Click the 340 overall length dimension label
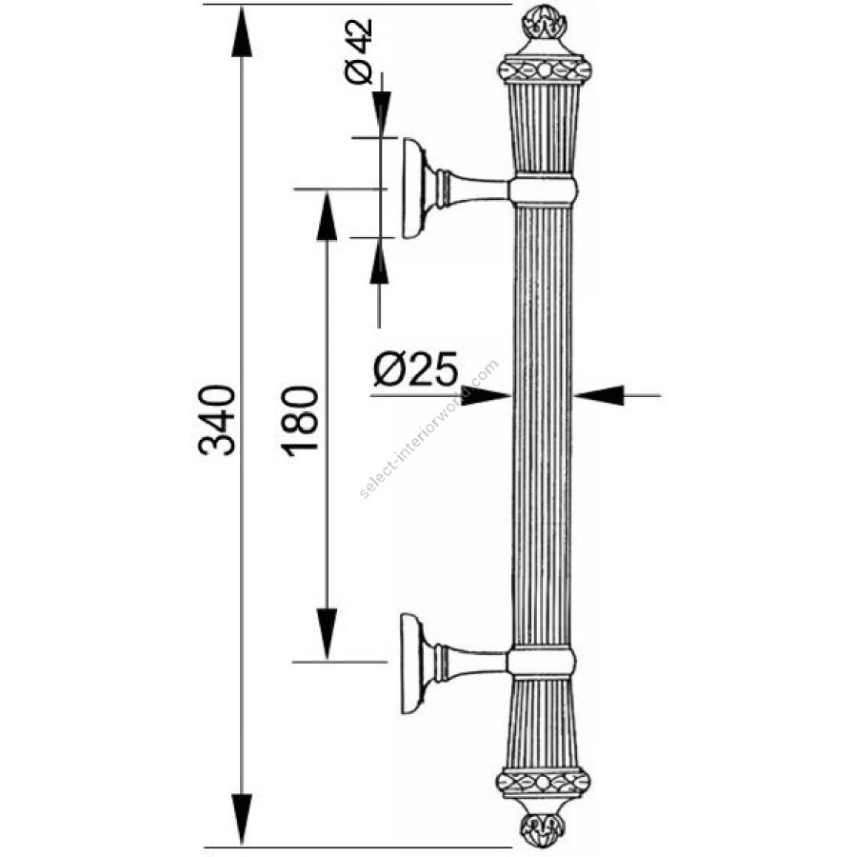click(217, 420)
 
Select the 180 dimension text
click(299, 420)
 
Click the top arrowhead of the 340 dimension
click(242, 31)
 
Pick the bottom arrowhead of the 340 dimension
click(242, 819)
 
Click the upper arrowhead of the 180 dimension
click(327, 216)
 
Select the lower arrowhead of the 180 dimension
click(327, 634)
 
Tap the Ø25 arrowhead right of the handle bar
click(599, 394)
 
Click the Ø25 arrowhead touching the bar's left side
click(486, 394)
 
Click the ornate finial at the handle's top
click(546, 23)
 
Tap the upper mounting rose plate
click(413, 189)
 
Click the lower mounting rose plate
click(411, 663)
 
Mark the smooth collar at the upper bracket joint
click(544, 189)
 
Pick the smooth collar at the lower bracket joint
click(541, 663)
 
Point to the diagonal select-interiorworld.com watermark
click(429, 428)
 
